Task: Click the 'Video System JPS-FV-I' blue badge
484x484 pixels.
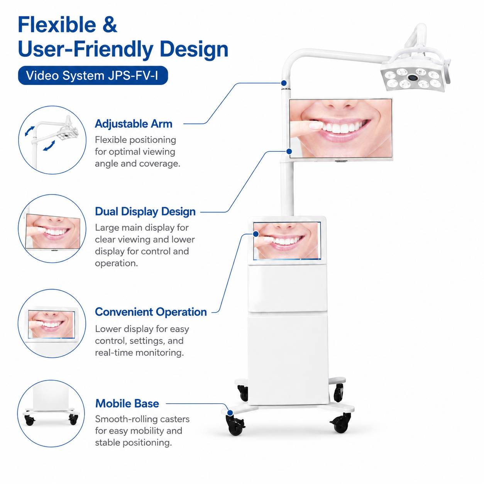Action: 93,75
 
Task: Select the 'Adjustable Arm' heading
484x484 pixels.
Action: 134,124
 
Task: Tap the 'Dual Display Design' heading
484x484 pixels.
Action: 145,212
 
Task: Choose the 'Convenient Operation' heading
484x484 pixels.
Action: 151,312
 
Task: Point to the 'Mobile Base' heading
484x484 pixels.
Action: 127,404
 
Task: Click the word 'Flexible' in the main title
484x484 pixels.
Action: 57,25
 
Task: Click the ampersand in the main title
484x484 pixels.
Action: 110,25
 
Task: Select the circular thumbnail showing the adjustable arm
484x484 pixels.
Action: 52,140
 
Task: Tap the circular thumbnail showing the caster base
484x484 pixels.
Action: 51,414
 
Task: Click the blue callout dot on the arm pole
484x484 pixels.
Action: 284,83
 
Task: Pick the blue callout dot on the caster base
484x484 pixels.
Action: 230,413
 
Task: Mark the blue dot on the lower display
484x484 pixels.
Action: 256,234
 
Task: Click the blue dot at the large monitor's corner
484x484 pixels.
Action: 289,151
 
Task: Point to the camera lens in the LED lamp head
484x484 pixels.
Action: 412,77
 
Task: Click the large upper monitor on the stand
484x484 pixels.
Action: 341,129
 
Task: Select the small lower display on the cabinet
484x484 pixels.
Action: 287,240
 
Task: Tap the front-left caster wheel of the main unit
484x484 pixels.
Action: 235,425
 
